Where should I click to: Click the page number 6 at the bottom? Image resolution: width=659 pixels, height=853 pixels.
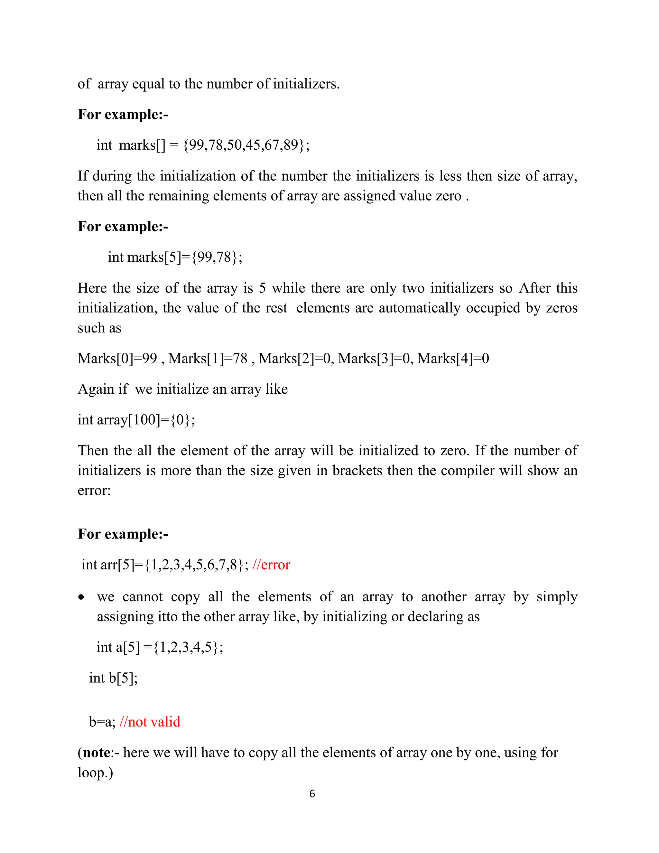[312, 794]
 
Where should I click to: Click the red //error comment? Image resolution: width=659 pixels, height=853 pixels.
[271, 565]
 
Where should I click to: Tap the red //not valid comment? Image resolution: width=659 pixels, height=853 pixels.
[150, 722]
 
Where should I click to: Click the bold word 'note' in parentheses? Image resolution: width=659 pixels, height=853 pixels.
[97, 752]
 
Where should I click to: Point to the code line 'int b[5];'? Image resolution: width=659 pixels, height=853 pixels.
[113, 678]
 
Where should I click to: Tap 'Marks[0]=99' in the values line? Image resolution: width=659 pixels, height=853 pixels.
[117, 358]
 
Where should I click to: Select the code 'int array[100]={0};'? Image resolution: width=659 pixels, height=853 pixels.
[136, 420]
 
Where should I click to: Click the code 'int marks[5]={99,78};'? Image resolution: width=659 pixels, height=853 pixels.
[175, 257]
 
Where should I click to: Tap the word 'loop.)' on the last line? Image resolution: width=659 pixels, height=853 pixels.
[95, 773]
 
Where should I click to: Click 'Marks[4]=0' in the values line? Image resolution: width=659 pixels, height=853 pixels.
[453, 358]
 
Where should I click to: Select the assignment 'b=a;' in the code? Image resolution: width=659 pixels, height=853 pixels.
[102, 722]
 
